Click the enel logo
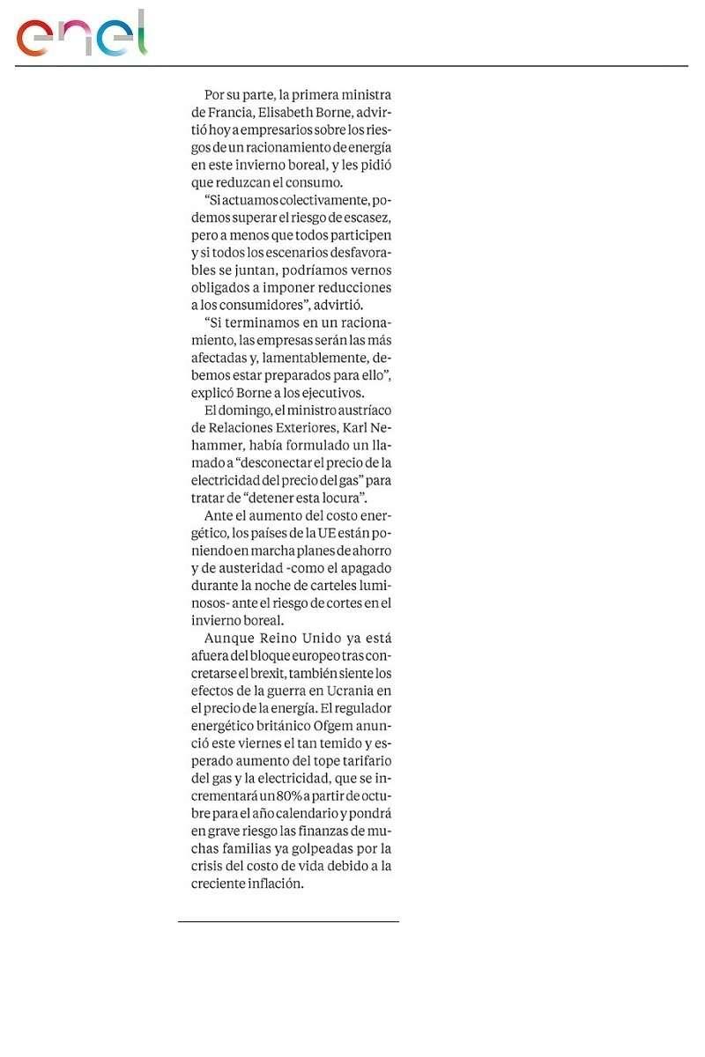[81, 34]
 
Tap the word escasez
[365, 218]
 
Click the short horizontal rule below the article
[288, 921]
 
